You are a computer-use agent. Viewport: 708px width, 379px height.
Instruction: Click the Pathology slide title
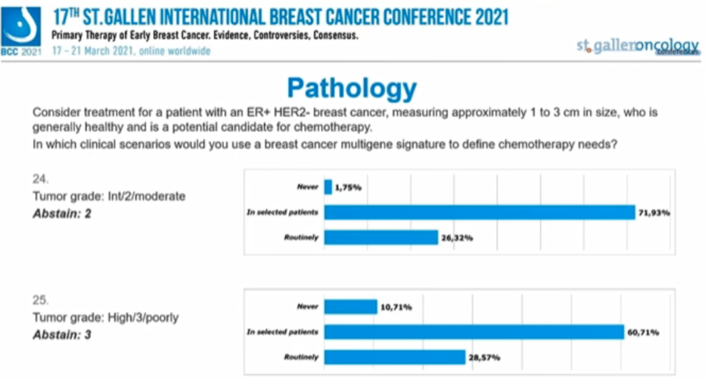pyautogui.click(x=352, y=89)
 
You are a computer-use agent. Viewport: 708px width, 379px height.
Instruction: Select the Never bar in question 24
pyautogui.click(x=328, y=187)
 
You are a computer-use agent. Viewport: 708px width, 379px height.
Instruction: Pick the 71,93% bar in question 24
pyautogui.click(x=479, y=213)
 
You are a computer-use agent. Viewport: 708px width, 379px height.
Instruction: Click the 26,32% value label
pyautogui.click(x=458, y=238)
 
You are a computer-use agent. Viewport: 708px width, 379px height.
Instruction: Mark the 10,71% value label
pyautogui.click(x=396, y=307)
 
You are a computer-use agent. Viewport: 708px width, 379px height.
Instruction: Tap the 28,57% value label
pyautogui.click(x=485, y=357)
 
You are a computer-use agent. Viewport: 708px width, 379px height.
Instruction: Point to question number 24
pyautogui.click(x=40, y=179)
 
